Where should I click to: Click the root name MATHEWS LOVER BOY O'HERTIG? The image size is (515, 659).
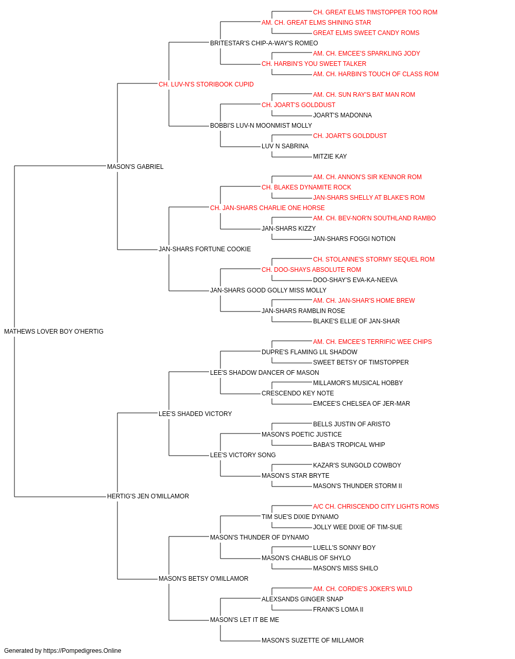tap(54, 332)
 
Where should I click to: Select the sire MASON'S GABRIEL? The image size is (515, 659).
tap(135, 166)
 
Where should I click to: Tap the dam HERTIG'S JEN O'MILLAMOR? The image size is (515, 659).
tap(148, 496)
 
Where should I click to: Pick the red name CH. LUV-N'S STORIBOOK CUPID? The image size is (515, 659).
tap(206, 84)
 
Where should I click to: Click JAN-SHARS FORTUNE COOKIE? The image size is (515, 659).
tap(205, 249)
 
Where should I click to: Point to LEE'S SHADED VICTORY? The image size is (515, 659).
tap(195, 413)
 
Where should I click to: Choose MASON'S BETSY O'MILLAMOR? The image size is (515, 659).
tap(203, 578)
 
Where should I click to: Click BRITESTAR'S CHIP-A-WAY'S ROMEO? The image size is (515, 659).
tap(264, 43)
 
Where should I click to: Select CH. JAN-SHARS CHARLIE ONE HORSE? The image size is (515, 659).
tap(267, 207)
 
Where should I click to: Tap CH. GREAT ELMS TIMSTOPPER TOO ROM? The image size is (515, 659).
tap(375, 12)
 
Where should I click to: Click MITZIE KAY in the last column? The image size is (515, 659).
tap(330, 156)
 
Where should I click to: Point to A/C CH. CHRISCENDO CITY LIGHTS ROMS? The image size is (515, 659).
tap(376, 507)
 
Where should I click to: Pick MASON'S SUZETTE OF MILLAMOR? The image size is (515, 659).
tap(313, 640)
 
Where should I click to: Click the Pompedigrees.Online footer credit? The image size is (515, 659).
tap(62, 651)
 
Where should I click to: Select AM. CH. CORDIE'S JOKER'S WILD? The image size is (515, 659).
tap(363, 588)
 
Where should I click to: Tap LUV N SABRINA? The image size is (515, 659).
tap(285, 146)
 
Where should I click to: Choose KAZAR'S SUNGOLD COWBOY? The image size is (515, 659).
tap(357, 465)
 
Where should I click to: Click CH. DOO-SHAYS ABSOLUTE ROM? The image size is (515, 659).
tap(312, 270)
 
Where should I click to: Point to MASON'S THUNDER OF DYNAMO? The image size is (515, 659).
tap(260, 537)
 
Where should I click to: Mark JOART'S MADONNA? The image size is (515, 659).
tap(342, 115)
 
